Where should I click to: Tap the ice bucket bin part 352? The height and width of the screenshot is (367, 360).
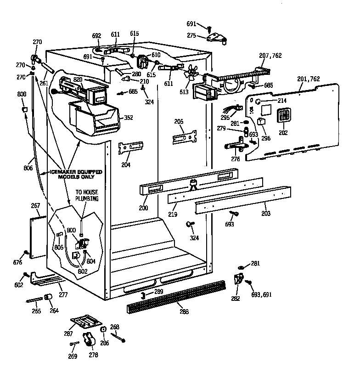point(94,119)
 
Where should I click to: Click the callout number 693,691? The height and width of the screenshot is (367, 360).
point(261,294)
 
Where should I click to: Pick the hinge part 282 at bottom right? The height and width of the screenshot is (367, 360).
point(239,279)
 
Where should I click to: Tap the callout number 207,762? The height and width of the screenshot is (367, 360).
point(270,56)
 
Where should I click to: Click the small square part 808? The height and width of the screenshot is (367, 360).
point(26,109)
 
